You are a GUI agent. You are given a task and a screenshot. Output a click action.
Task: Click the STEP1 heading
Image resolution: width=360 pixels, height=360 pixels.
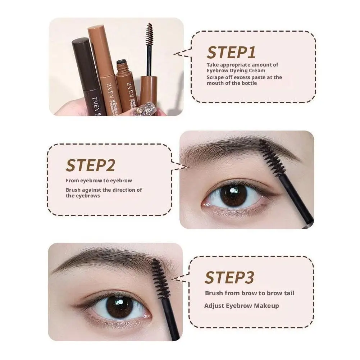coord(231,53)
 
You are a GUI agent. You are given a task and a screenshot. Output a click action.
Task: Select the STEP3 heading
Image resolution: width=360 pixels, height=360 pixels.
coord(229,278)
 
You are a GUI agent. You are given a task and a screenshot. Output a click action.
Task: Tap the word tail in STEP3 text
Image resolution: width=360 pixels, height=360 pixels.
coord(288,293)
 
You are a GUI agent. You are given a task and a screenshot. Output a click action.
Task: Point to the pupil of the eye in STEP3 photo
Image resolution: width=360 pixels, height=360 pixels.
coord(119,306)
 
